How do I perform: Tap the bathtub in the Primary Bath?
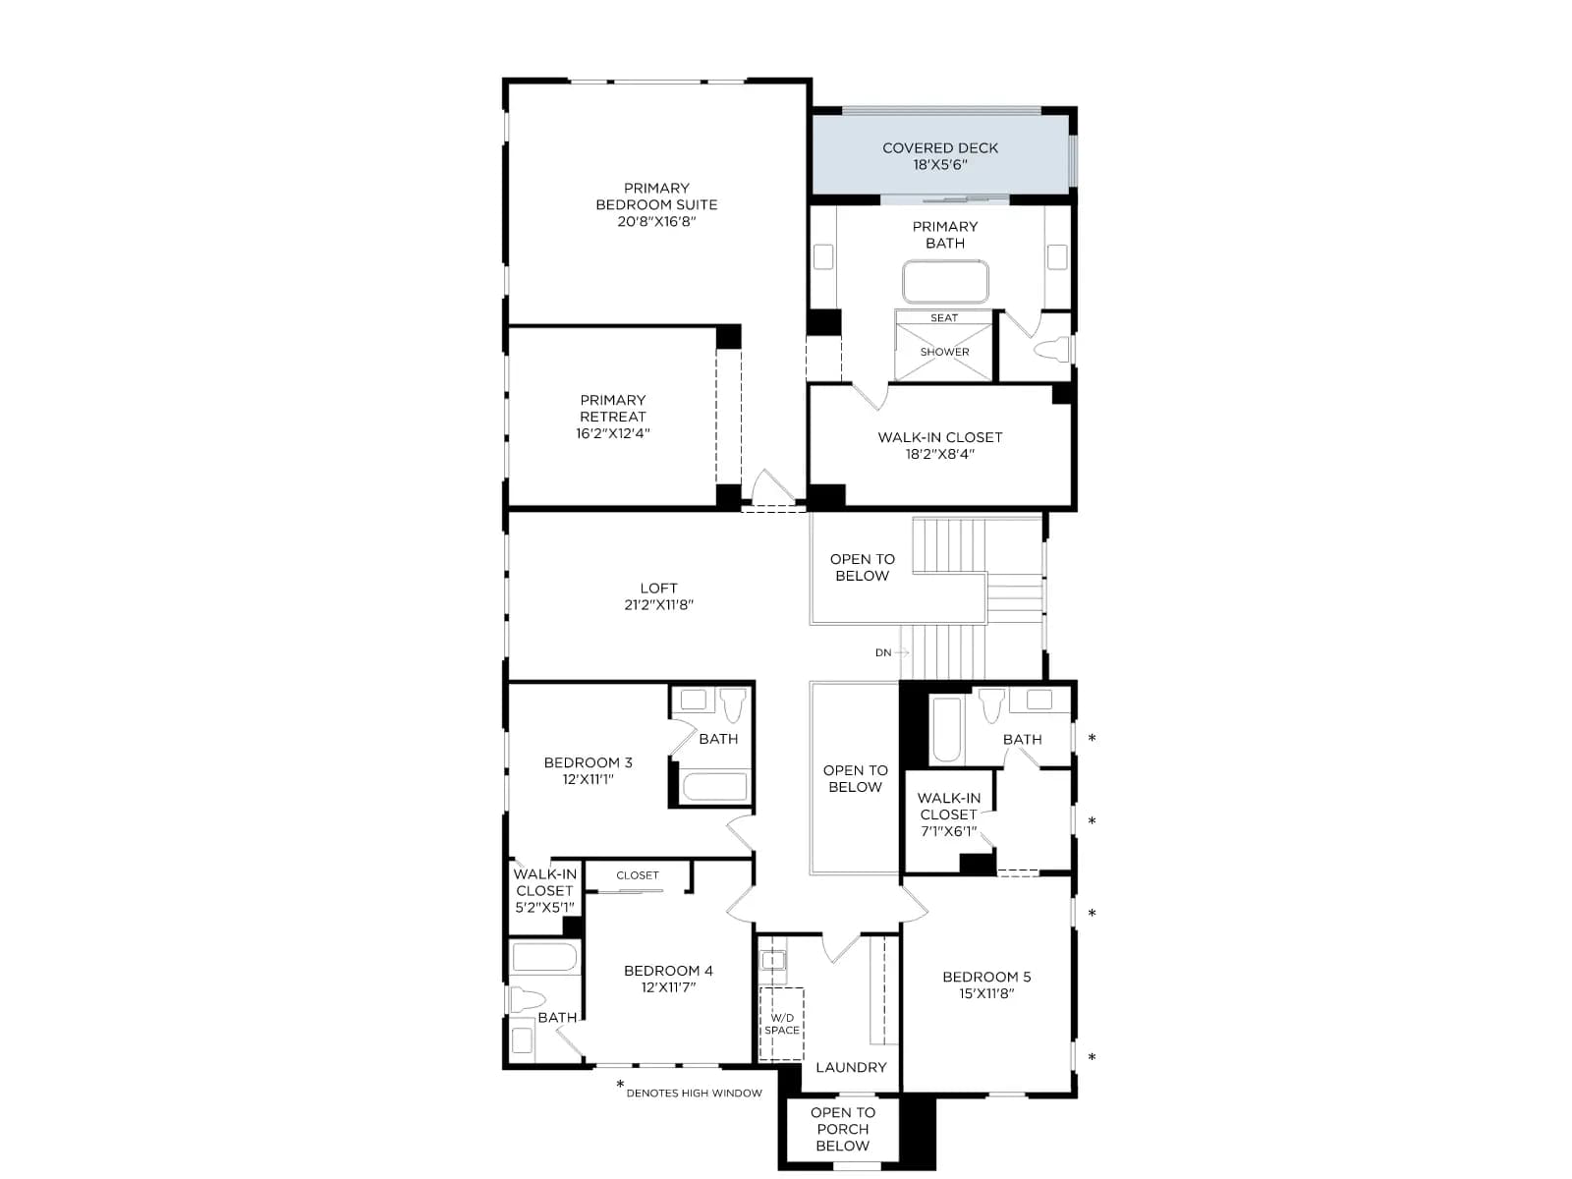[x=945, y=282]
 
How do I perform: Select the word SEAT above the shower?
[x=944, y=317]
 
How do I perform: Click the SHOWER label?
[x=944, y=352]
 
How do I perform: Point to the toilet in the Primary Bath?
[x=1052, y=350]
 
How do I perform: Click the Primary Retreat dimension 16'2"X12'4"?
[x=613, y=433]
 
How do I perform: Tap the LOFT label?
[x=658, y=588]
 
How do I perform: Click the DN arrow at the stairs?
[x=901, y=652]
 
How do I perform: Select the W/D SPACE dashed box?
[x=781, y=1024]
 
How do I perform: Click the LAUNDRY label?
[x=851, y=1067]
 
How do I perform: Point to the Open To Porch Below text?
[x=843, y=1129]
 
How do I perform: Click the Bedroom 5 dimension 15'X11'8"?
[x=986, y=993]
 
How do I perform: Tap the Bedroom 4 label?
[x=668, y=971]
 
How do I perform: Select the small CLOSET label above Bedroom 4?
[x=638, y=875]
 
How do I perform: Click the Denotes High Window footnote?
[x=689, y=1091]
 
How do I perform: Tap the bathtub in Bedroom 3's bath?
[x=714, y=787]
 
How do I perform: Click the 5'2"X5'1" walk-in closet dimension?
[x=544, y=908]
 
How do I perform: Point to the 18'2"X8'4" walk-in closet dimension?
[x=939, y=454]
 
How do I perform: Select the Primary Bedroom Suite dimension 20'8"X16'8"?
[x=656, y=221]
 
